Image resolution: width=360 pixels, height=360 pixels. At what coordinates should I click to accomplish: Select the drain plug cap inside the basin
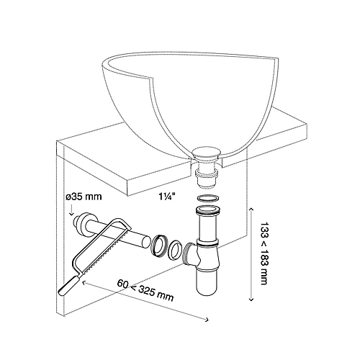210,152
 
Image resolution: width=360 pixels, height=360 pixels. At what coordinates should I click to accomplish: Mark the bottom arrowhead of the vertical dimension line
250,301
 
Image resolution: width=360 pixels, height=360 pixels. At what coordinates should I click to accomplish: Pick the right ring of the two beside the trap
175,249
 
